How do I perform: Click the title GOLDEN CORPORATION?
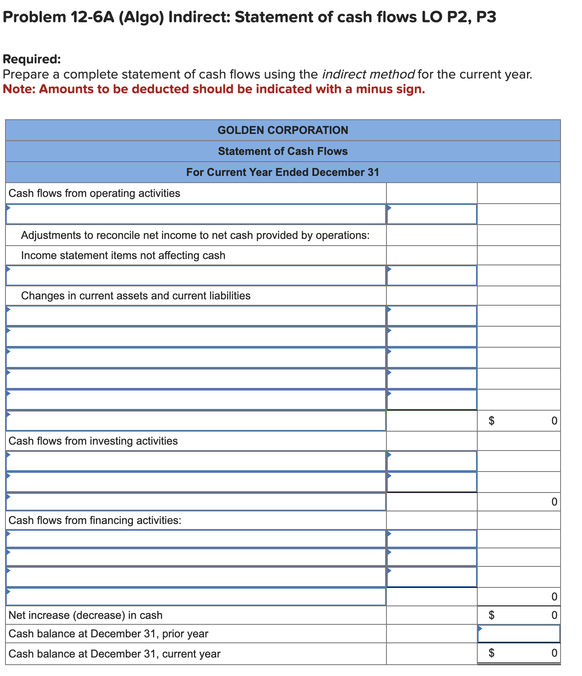(283, 130)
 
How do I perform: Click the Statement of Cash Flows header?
(283, 151)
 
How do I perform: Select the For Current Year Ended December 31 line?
(283, 172)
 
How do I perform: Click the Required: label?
(32, 59)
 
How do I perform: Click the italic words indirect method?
(368, 74)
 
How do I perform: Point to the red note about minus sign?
(214, 89)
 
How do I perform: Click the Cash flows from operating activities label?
(94, 193)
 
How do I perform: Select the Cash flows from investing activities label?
(93, 441)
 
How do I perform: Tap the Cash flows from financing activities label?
(95, 520)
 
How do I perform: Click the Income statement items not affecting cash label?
(123, 255)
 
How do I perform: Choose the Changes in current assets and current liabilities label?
(135, 296)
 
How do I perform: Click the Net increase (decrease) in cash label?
(85, 615)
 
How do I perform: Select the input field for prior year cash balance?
(519, 634)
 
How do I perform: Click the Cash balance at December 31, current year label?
(114, 654)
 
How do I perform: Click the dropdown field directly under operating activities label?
(196, 214)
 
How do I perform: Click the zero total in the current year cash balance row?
(554, 653)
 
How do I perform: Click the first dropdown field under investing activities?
(196, 461)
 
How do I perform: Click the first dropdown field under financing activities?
(196, 539)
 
